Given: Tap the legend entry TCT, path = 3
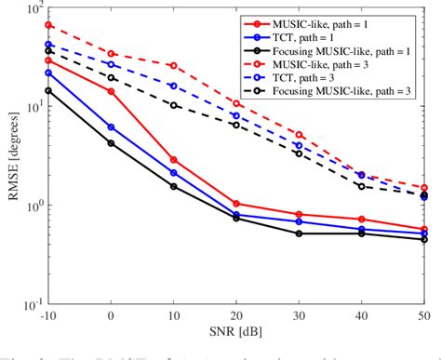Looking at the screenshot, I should (319, 79).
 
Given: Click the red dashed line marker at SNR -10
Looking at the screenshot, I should (49, 25).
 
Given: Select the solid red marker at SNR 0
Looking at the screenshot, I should (112, 91).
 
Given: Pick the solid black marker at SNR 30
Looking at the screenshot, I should (299, 233).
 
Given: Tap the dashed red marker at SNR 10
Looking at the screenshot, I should (174, 65).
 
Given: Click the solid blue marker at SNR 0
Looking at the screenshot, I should (112, 127).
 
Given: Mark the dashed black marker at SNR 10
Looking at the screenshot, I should (174, 105).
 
